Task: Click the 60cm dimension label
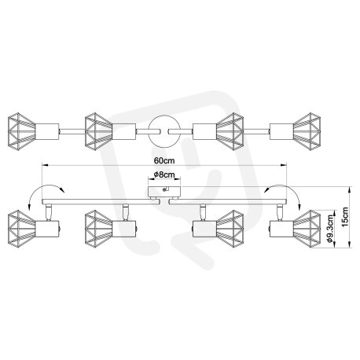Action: coord(164,160)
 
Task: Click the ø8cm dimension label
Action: coord(164,174)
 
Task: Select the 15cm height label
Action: coord(345,217)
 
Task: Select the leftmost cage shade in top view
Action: coord(21,131)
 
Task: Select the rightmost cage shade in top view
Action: coord(307,131)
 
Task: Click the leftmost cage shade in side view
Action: coord(21,228)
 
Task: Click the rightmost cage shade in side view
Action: coord(307,228)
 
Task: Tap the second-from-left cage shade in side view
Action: coord(99,228)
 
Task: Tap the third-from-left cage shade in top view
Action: coord(230,131)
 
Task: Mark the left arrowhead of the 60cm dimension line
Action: coord(45,165)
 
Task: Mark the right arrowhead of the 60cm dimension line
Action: coord(284,165)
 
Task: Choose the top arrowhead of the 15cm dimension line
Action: coord(351,189)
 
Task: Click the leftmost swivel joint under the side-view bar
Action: coord(48,212)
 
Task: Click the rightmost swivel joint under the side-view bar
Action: coord(280,212)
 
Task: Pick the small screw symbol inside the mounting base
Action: coord(165,189)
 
